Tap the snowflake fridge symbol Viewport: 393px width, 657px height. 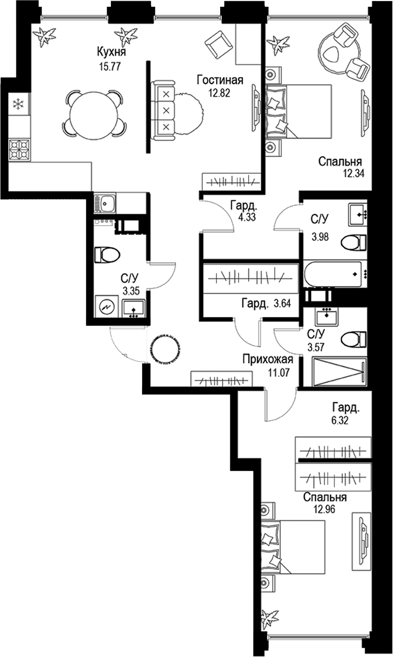[19, 104]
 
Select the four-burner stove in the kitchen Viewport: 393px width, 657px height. [19, 150]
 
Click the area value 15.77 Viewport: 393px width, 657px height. [110, 67]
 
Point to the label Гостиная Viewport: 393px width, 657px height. [220, 80]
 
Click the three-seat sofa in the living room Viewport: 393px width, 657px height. [163, 110]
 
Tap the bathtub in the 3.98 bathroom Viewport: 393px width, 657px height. [333, 274]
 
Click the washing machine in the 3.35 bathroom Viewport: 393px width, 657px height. [106, 307]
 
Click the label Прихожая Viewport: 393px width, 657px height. [268, 359]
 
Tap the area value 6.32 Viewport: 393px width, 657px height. [340, 420]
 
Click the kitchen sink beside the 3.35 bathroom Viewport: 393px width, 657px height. [105, 203]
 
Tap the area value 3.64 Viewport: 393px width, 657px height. [282, 304]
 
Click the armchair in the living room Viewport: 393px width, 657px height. [218, 45]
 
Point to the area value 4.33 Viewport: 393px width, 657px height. [247, 217]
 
